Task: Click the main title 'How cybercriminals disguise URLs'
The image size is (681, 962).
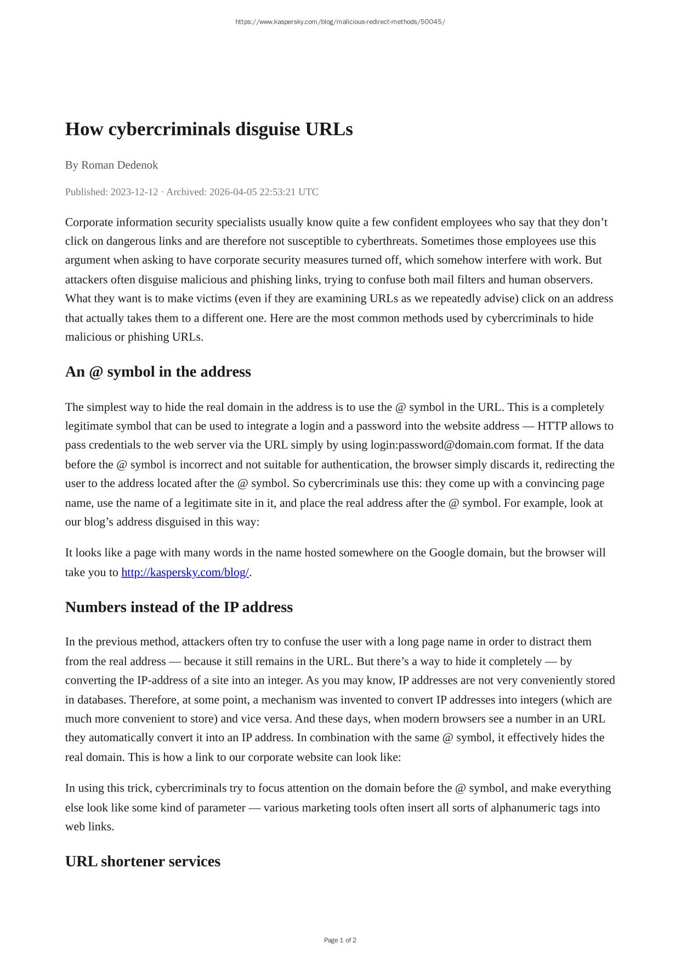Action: [209, 129]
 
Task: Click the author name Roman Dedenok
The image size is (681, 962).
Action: [120, 165]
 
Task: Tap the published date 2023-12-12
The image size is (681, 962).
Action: [134, 192]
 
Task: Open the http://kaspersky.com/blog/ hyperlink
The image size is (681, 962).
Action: [185, 572]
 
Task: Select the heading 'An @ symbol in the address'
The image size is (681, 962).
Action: [158, 371]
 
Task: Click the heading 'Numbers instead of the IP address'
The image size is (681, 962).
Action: [179, 607]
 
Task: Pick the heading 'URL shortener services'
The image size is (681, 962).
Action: [143, 861]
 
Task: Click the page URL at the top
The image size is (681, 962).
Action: [340, 22]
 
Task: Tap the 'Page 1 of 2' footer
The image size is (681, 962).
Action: [340, 940]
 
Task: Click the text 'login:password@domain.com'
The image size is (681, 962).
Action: [442, 445]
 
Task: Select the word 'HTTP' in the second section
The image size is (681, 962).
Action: [552, 426]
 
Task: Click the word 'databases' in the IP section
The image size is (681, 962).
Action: [101, 700]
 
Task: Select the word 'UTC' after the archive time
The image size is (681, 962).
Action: [308, 192]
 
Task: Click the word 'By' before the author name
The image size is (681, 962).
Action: [71, 165]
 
